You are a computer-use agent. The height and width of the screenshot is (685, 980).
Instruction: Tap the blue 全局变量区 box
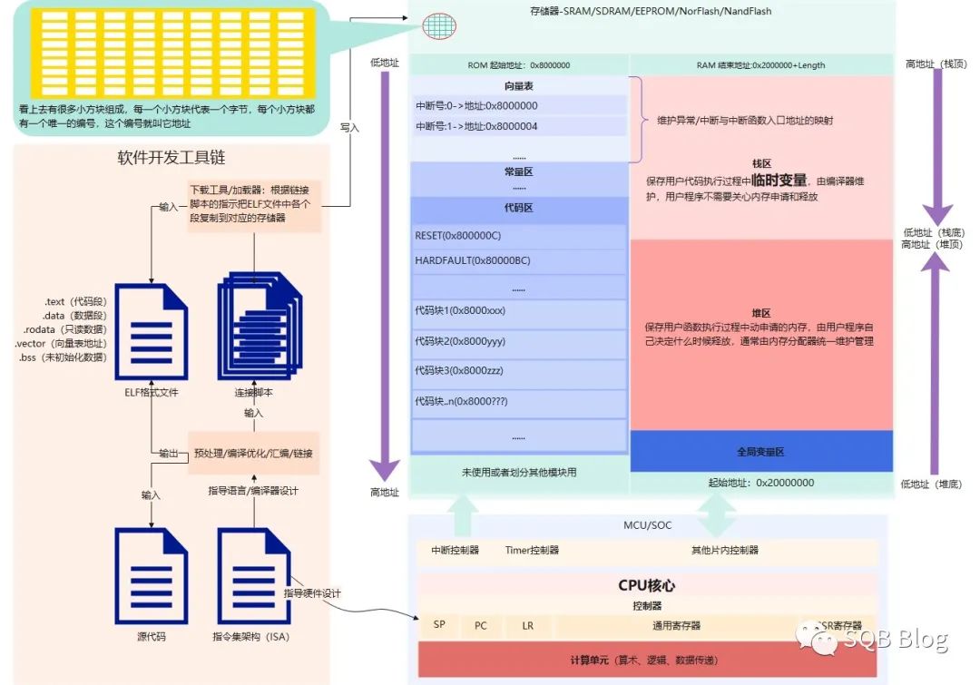[x=759, y=451]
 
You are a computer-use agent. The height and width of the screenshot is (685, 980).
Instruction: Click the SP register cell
[x=439, y=625]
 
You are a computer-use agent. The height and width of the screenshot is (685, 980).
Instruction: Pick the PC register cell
[x=481, y=625]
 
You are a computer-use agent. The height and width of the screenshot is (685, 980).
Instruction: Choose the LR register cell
[x=527, y=625]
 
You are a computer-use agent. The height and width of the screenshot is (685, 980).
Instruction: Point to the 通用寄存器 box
[x=676, y=625]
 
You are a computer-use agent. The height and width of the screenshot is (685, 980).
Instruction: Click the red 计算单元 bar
[x=647, y=660]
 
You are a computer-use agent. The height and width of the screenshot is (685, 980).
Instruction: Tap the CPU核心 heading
[x=647, y=585]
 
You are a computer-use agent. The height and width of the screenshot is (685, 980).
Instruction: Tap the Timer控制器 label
[x=532, y=550]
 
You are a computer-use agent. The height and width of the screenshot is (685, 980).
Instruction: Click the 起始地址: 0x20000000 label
[x=759, y=483]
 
